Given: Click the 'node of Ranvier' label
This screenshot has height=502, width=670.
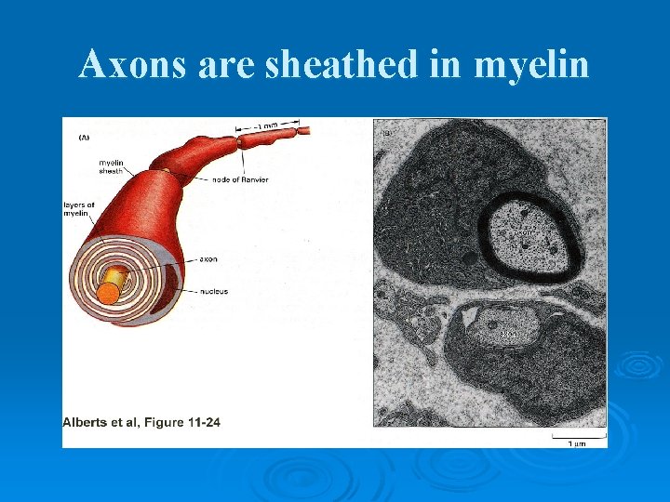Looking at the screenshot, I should tap(240, 179).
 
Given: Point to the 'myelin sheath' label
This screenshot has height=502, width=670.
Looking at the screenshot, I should tap(111, 167).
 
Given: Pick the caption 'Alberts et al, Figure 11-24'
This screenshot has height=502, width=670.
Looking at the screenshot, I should tap(141, 423).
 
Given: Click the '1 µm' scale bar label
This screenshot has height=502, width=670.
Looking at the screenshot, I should tap(577, 443).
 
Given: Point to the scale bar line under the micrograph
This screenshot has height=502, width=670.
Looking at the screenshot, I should tap(577, 434).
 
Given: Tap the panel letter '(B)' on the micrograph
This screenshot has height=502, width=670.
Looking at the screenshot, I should tap(387, 134).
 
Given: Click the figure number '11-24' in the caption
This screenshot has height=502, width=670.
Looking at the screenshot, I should tap(201, 423).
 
